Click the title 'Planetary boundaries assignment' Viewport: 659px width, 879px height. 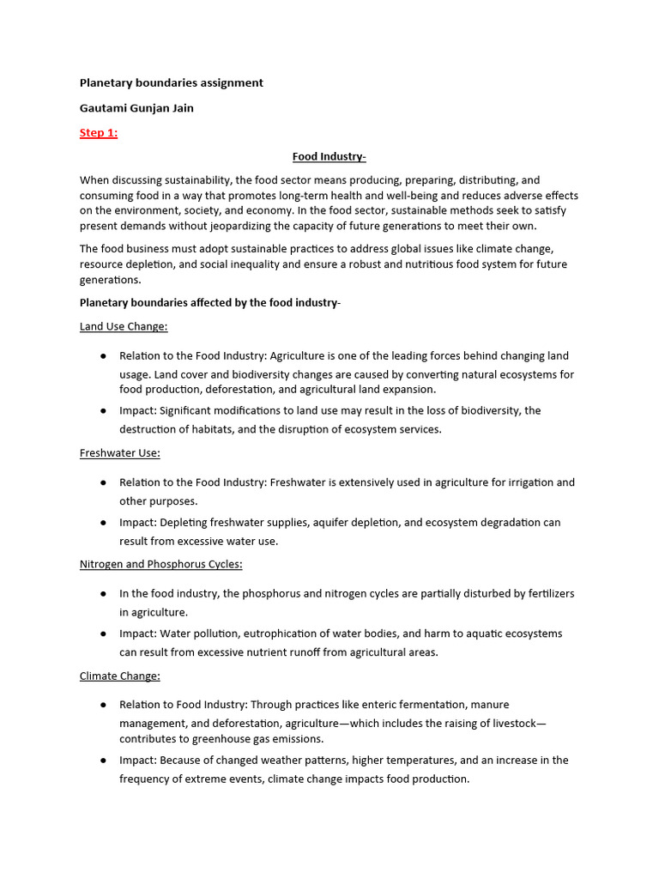pyautogui.click(x=171, y=83)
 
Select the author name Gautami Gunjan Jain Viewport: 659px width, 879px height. pyautogui.click(x=136, y=108)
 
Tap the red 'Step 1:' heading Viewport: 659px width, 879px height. pyautogui.click(x=99, y=133)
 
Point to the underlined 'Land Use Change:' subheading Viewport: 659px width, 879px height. pyautogui.click(x=124, y=327)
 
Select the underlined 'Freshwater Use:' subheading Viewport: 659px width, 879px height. pyautogui.click(x=120, y=452)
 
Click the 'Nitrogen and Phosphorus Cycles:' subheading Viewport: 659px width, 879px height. pyautogui.click(x=161, y=564)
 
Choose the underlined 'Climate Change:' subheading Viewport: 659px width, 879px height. pyautogui.click(x=120, y=676)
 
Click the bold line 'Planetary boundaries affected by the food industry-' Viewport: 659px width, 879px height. pyautogui.click(x=210, y=302)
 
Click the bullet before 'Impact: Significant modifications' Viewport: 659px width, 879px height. pyautogui.click(x=103, y=411)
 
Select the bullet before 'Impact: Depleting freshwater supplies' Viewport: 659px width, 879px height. pyautogui.click(x=103, y=523)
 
